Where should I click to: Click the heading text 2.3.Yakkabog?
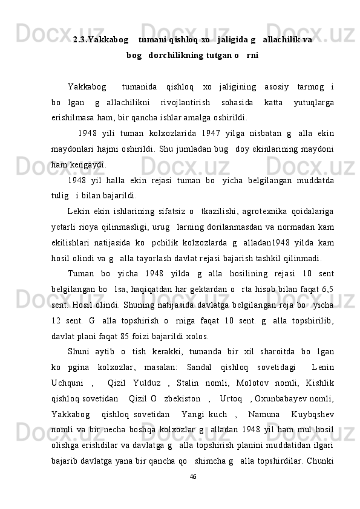coord(100,40)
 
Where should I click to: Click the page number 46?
coord(192,477)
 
